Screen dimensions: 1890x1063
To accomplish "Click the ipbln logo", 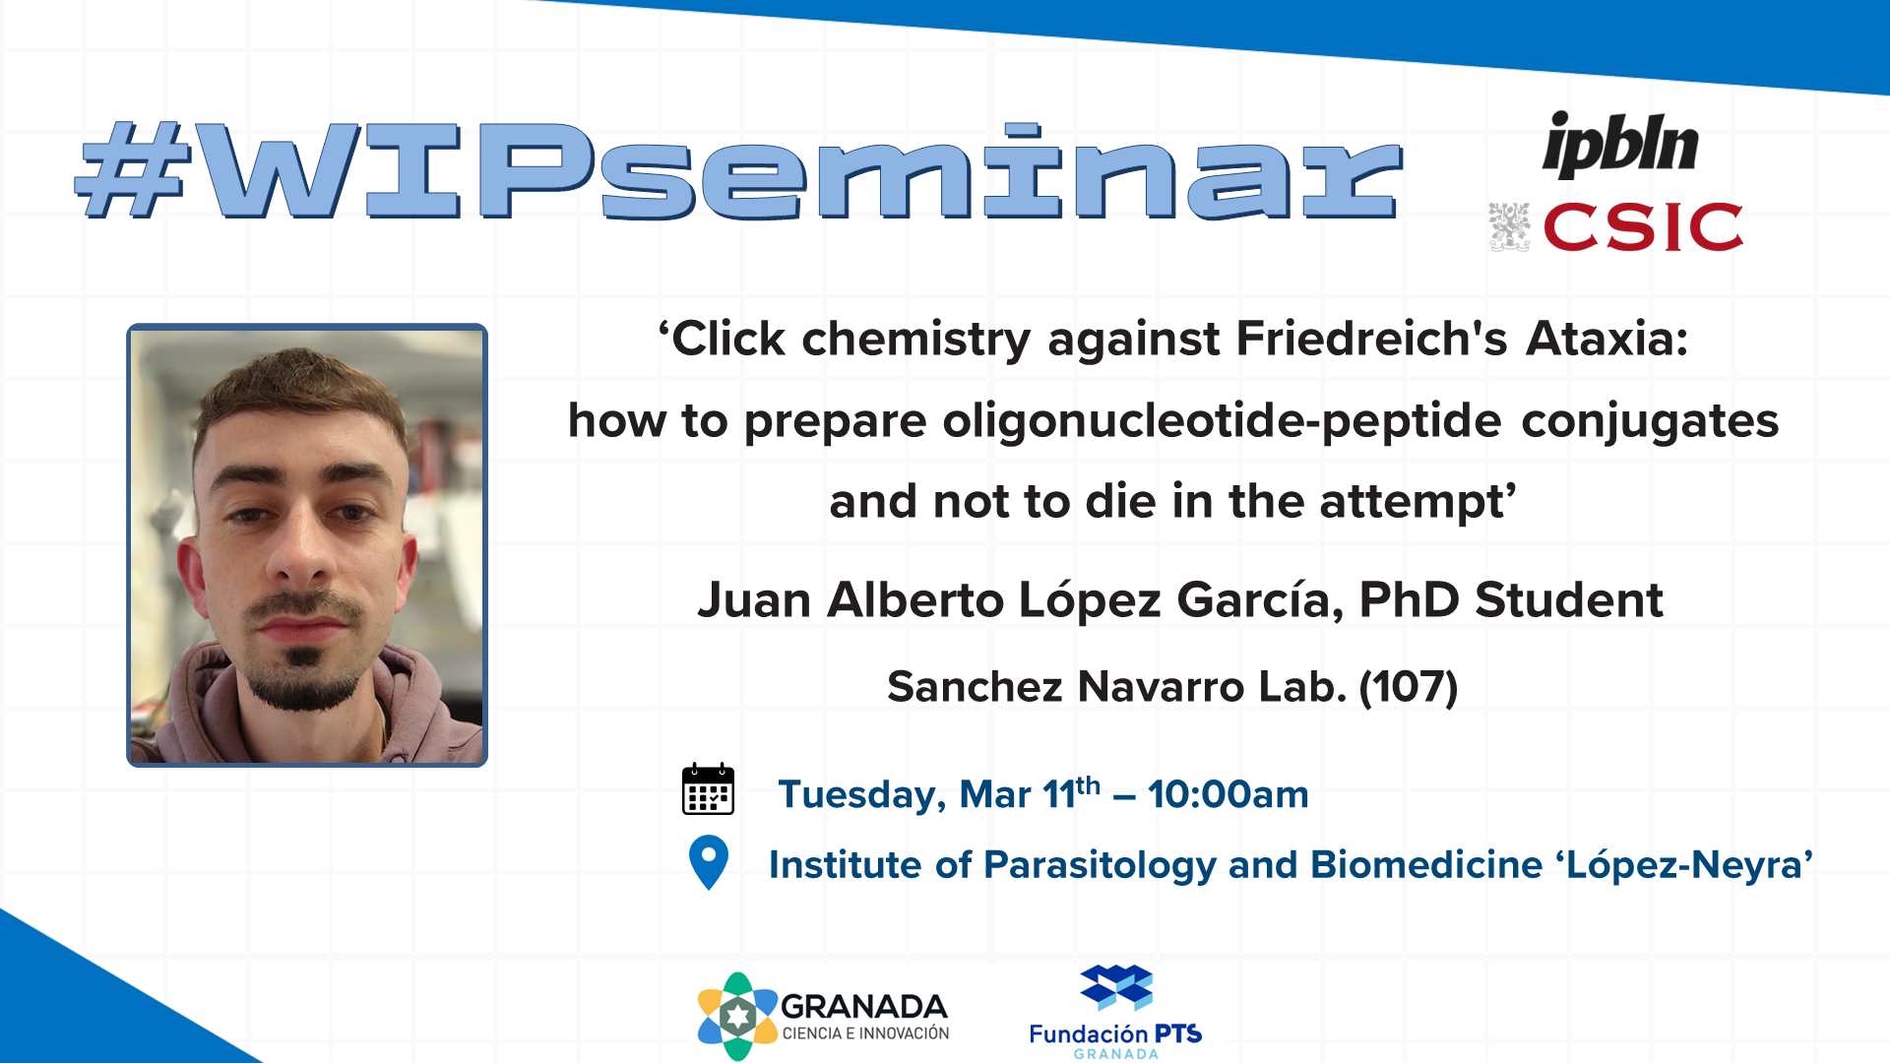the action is [1620, 145].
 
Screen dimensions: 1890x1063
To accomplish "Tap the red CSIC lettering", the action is [1643, 227].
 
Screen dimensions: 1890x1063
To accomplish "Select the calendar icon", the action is [708, 788].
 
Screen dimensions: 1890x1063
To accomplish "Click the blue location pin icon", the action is [709, 862].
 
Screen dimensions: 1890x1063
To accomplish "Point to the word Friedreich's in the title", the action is [1371, 339].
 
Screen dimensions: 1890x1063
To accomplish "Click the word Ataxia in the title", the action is [1607, 339].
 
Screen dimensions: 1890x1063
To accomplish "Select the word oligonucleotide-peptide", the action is [1222, 421].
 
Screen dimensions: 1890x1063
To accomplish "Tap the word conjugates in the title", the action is [1650, 422].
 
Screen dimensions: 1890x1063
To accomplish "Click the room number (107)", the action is [1409, 686].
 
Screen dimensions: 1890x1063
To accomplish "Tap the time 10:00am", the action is [1228, 794].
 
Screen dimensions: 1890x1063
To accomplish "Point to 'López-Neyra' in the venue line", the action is [1684, 865].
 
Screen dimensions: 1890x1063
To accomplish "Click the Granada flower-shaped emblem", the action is [737, 1017].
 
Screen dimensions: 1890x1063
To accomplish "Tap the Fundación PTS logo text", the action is [1115, 1034].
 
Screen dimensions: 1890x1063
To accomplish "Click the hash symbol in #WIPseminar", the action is [133, 169].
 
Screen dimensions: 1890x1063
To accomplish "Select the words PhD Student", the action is [1511, 599].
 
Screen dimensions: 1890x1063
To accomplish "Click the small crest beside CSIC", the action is [1509, 227].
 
